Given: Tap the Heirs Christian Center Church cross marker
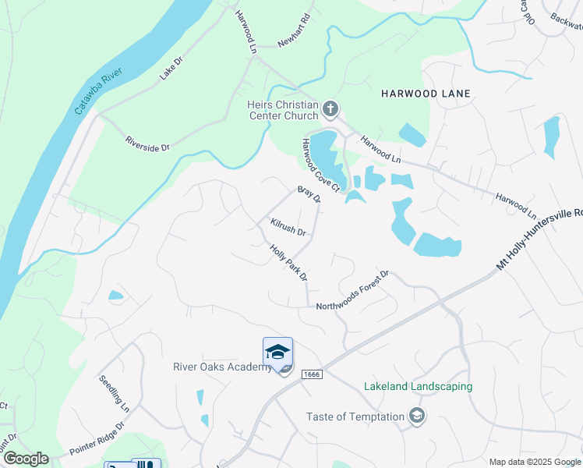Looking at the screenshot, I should pyautogui.click(x=330, y=109).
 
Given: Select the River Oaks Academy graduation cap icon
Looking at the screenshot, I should pyautogui.click(x=277, y=351).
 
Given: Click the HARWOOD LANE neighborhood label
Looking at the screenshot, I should pyautogui.click(x=426, y=94).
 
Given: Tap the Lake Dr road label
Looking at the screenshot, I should pyautogui.click(x=170, y=69).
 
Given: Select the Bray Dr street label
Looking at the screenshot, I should pyautogui.click(x=309, y=193).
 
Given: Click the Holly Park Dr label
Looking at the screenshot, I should pyautogui.click(x=288, y=263).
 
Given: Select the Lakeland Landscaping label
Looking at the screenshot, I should pyautogui.click(x=418, y=386).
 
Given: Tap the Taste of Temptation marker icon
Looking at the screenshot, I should pyautogui.click(x=418, y=416).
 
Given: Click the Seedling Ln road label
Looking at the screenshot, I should pyautogui.click(x=114, y=393).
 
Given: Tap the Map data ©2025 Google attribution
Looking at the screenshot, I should pyautogui.click(x=535, y=462).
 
